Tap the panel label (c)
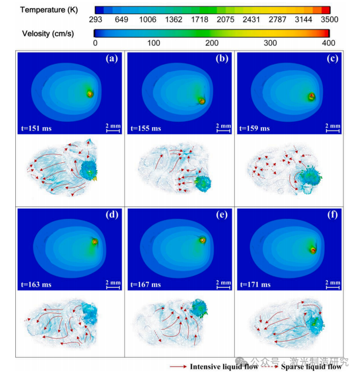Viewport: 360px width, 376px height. tap(332, 59)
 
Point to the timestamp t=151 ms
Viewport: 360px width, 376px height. tap(41, 128)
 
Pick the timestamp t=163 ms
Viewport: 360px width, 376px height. tap(41, 284)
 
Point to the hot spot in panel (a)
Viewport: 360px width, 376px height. tap(89, 93)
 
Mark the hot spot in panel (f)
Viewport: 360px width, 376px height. tap(313, 249)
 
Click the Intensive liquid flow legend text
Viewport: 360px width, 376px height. tap(224, 367)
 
